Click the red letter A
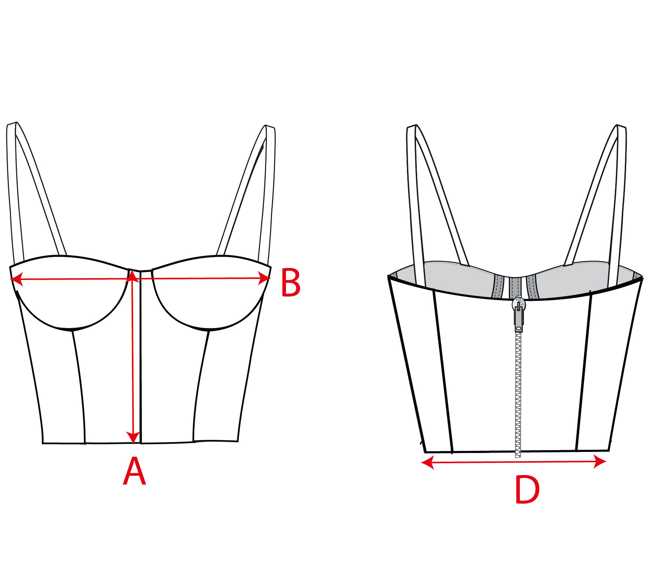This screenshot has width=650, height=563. pyautogui.click(x=134, y=472)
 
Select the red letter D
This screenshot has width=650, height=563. pyautogui.click(x=527, y=490)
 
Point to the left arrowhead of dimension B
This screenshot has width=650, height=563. pyautogui.click(x=16, y=279)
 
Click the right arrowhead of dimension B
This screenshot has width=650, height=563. pyautogui.click(x=265, y=278)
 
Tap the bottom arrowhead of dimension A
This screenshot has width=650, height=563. pyautogui.click(x=133, y=438)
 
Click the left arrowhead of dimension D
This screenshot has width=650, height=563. pyautogui.click(x=427, y=463)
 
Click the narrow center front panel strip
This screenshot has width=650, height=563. pyautogui.click(x=140, y=357)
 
